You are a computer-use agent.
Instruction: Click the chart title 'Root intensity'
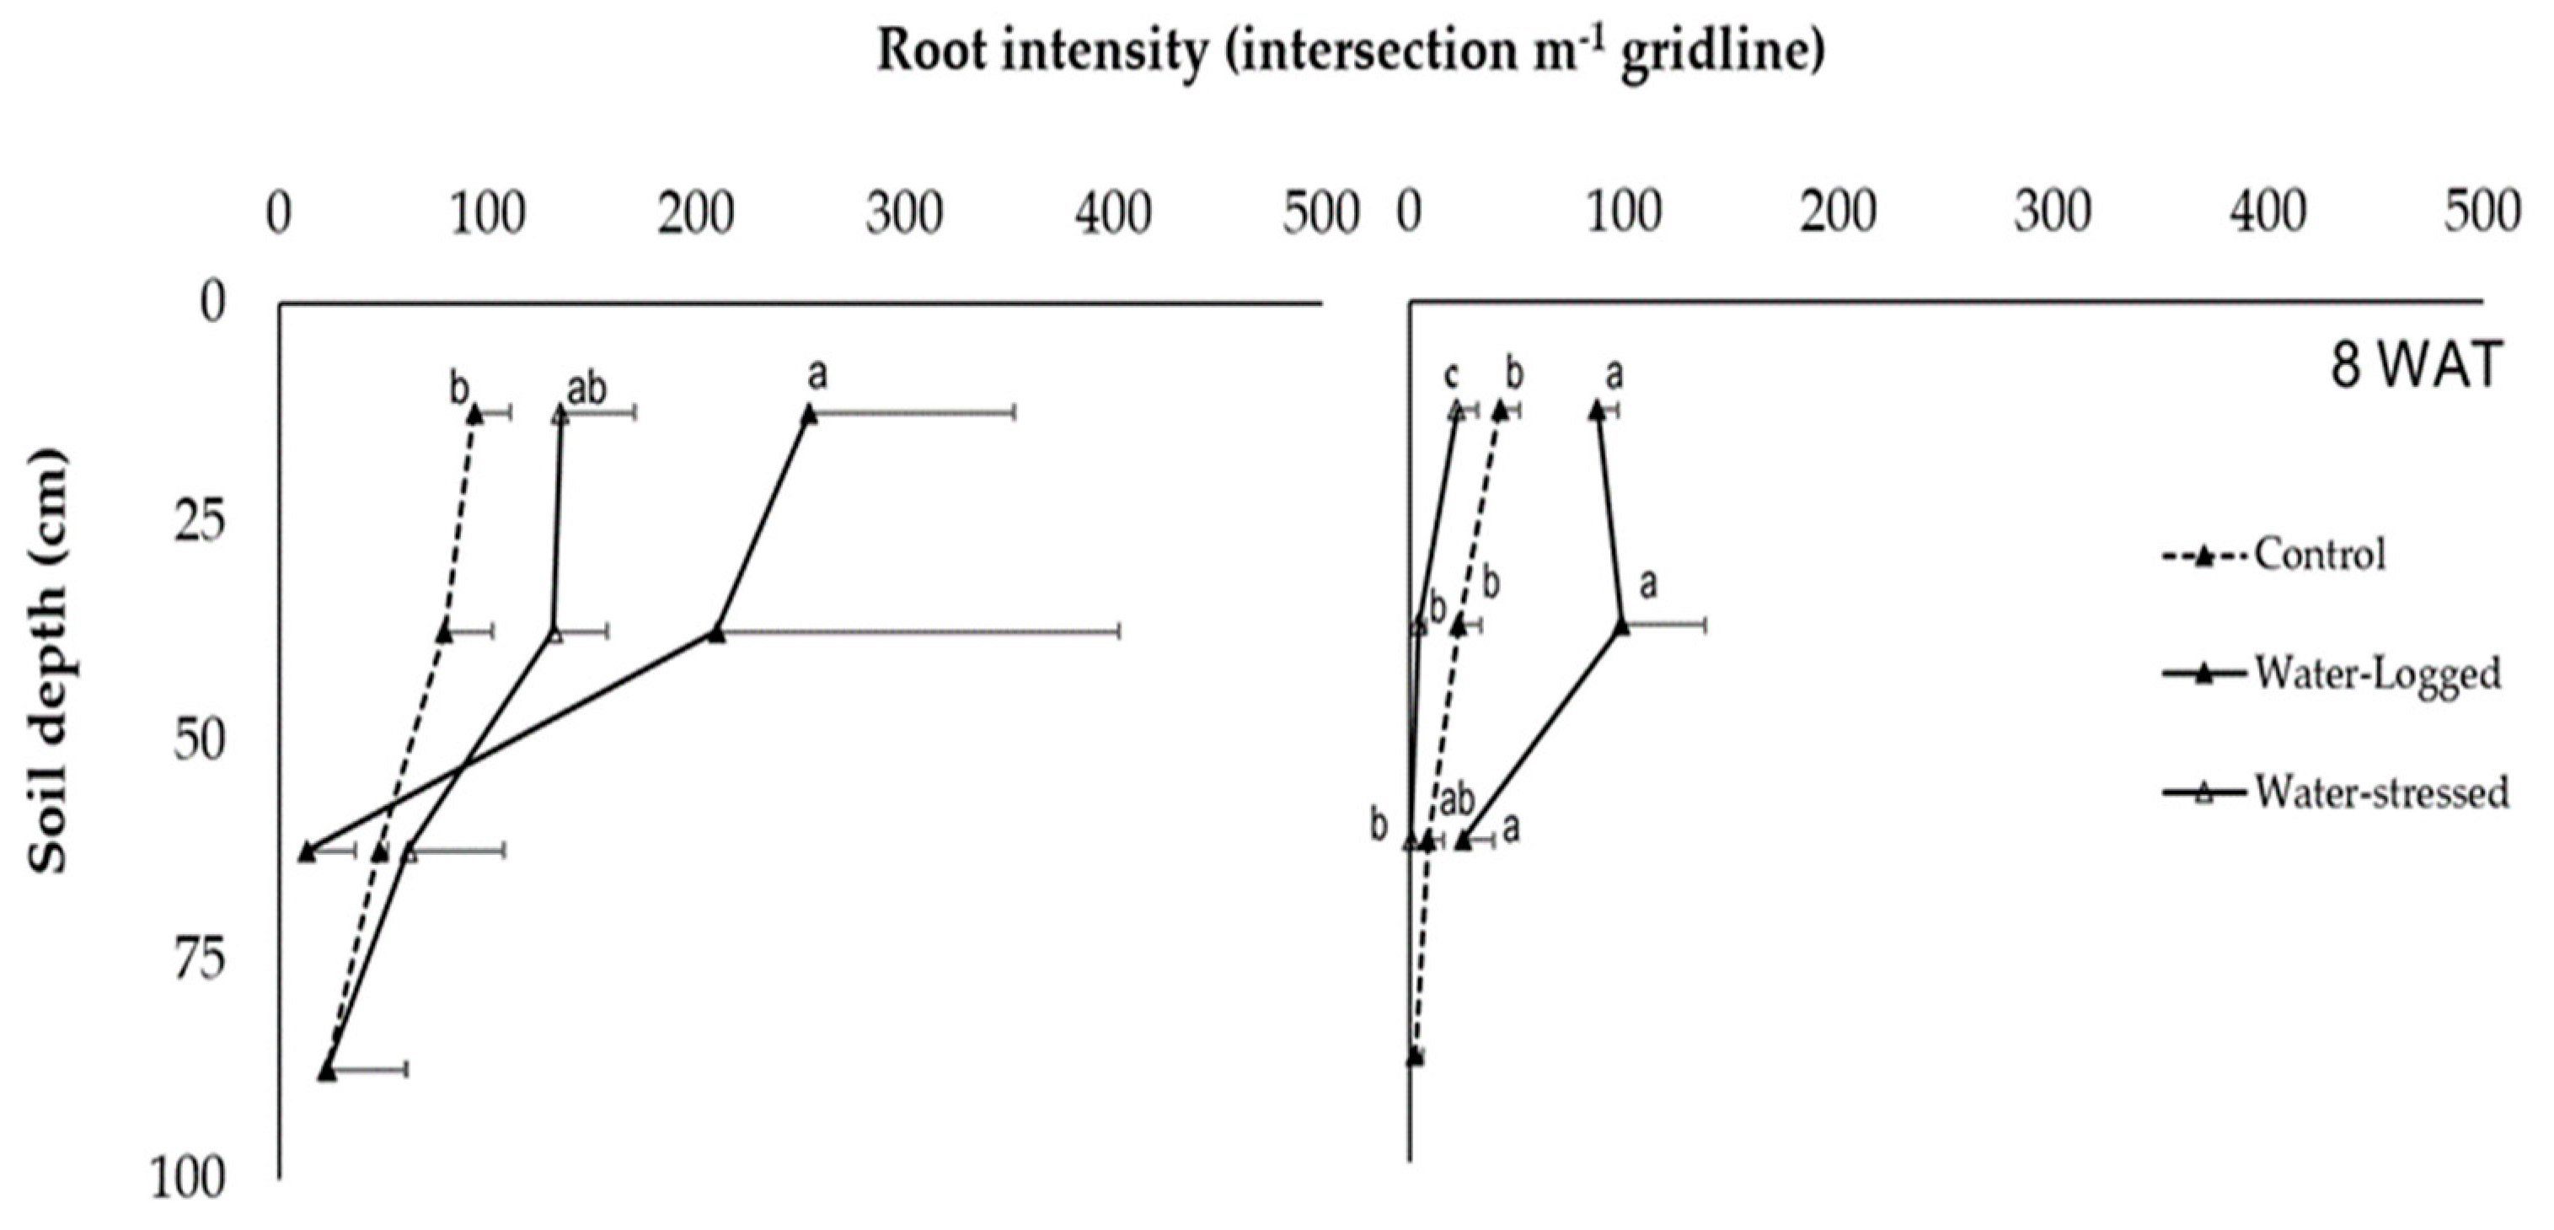1351,51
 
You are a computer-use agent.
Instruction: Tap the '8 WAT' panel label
2415,365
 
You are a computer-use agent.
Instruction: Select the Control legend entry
2318,555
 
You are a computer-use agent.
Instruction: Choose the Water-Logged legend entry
2375,674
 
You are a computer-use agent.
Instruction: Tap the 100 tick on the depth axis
189,1180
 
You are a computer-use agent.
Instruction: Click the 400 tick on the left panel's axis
1113,214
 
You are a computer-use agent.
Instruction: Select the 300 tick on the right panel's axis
2053,214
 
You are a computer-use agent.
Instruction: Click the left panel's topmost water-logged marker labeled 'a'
809,415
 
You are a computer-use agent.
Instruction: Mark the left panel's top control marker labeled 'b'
475,415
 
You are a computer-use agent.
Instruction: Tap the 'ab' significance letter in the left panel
586,389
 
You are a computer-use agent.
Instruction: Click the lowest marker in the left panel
327,1072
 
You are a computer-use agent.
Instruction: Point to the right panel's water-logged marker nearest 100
1621,625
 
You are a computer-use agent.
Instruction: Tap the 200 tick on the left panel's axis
696,214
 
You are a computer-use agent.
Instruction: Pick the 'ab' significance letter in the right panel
1456,799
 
